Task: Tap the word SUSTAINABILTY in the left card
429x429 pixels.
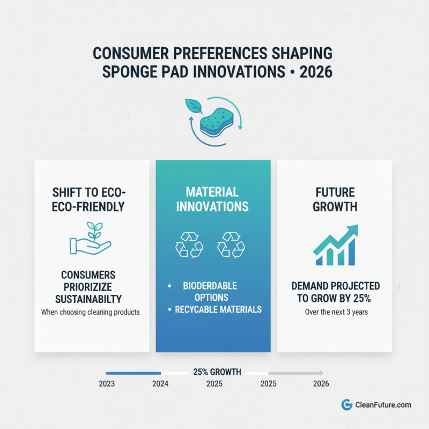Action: tap(91, 298)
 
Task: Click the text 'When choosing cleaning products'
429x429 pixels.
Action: tap(91, 312)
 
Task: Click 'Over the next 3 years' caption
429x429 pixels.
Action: tap(336, 312)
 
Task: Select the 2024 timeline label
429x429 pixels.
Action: tap(160, 384)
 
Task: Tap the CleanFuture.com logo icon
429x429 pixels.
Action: tap(346, 405)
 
